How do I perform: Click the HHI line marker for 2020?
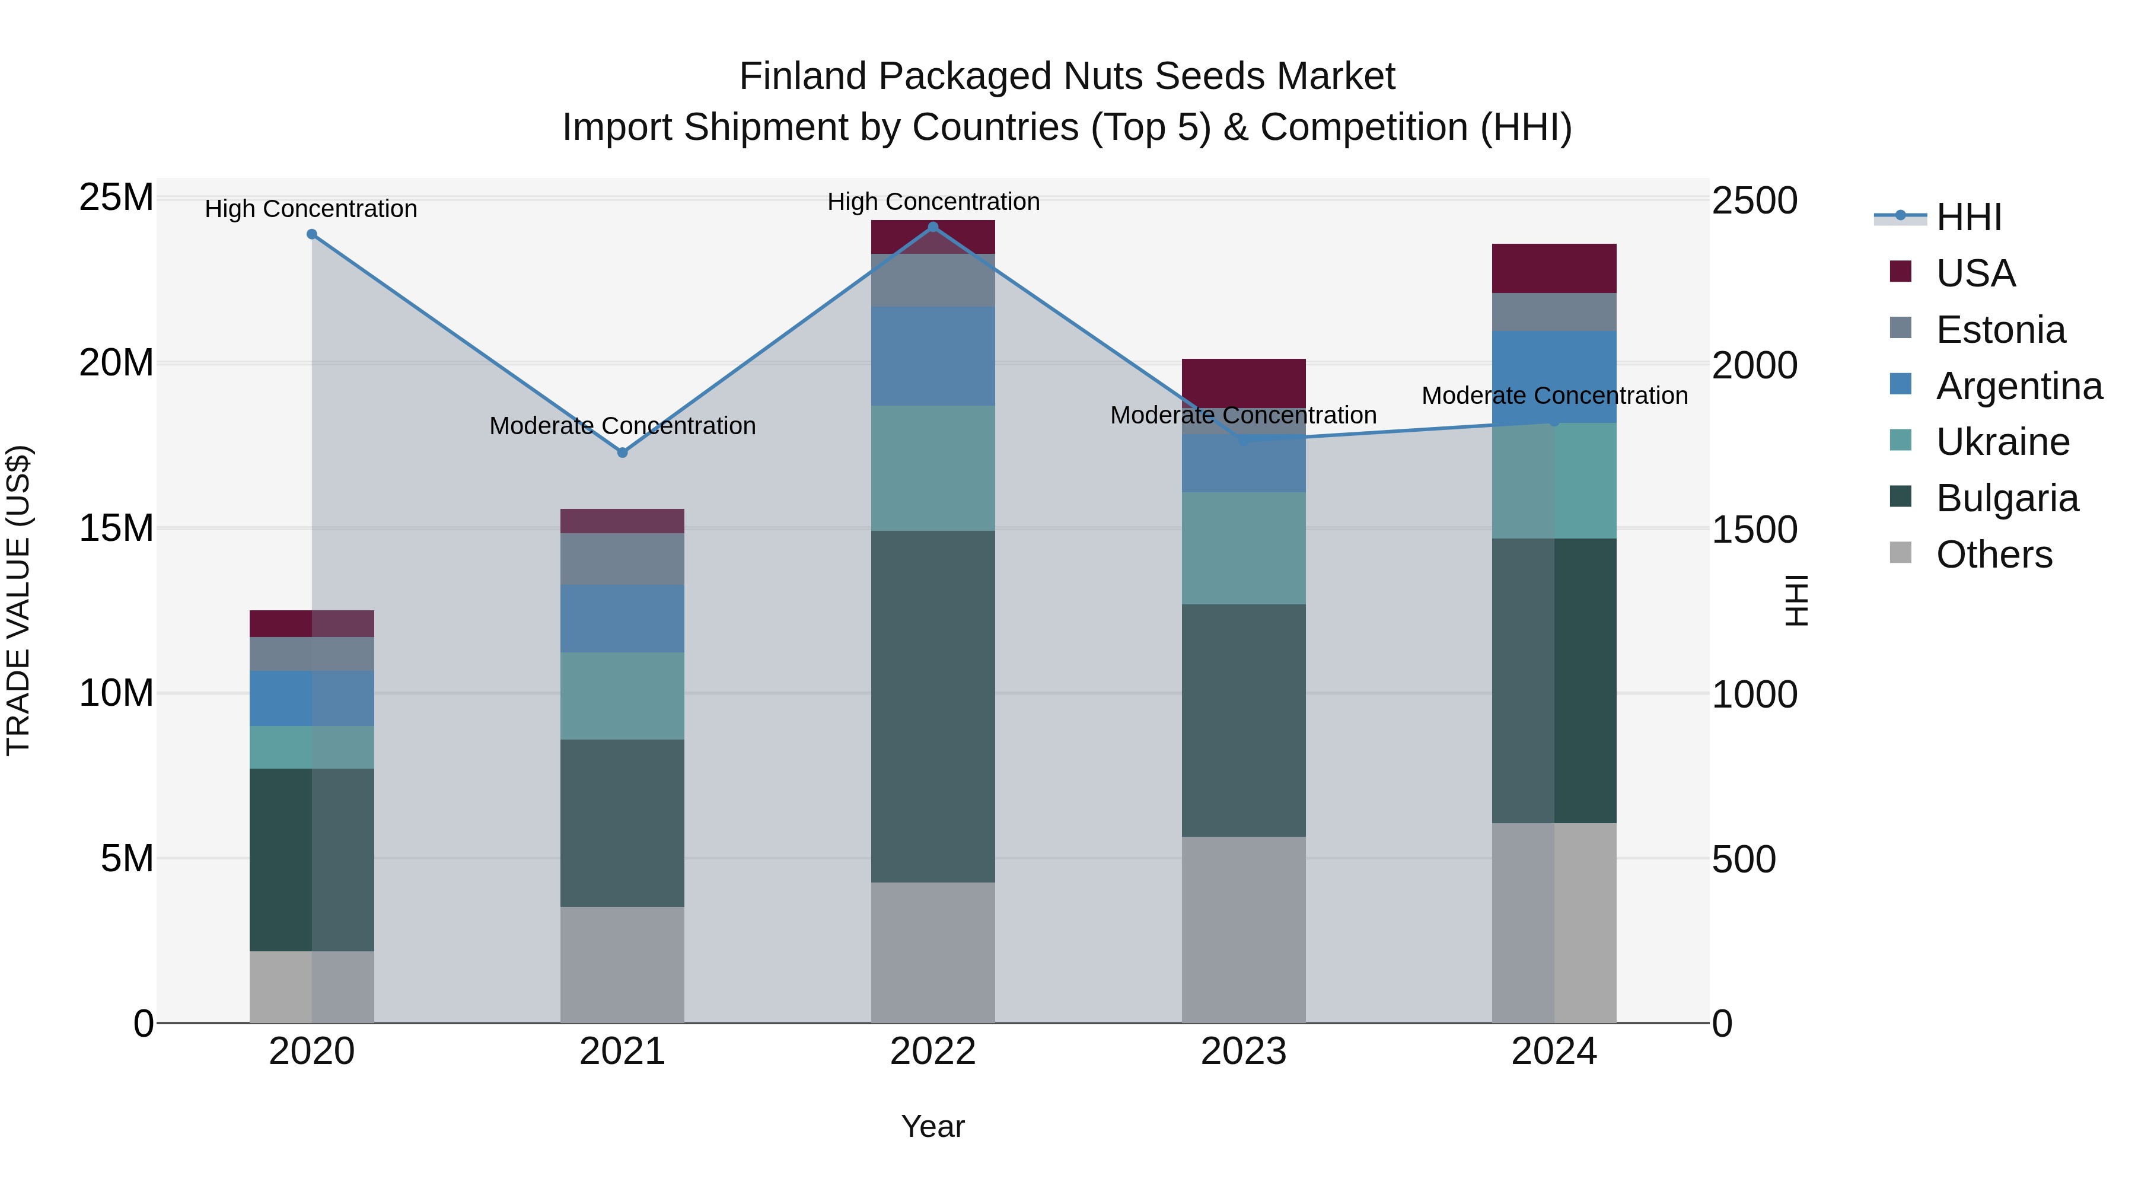(311, 234)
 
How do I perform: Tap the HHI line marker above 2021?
(623, 453)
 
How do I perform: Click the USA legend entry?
(1975, 273)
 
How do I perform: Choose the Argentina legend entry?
(2018, 386)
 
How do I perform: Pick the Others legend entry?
(1993, 555)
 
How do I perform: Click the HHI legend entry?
(1968, 217)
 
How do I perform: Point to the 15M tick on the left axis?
(116, 528)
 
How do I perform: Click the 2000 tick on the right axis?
(1754, 365)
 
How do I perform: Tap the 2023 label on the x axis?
(1243, 1052)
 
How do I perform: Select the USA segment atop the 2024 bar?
(1554, 269)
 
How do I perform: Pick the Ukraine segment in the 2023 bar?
(1243, 548)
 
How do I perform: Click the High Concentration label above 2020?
(311, 209)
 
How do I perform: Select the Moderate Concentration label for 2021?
(623, 426)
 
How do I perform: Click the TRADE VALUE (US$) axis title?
(19, 600)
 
